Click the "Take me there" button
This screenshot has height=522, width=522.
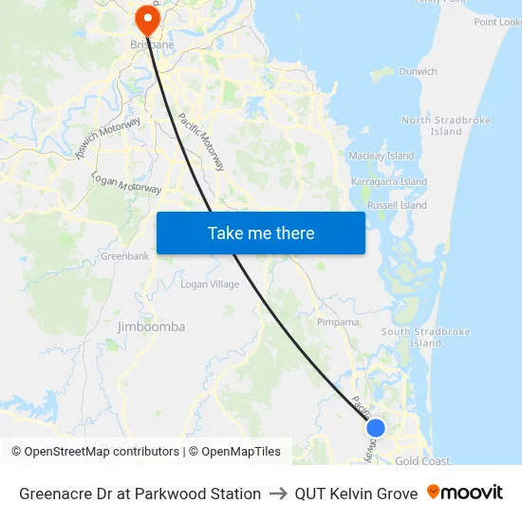261,233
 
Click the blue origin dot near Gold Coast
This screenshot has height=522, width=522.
376,428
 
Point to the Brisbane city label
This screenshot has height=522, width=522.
151,45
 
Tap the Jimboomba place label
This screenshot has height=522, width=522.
151,326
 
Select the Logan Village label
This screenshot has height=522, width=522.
210,284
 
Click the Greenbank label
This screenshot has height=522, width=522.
123,256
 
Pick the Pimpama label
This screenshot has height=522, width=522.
338,322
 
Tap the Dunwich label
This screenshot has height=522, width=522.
418,71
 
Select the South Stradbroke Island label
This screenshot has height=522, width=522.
425,337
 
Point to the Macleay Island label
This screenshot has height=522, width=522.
382,156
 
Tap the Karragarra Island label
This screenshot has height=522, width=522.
389,181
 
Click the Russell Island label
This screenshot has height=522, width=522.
397,205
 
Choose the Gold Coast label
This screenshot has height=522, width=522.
422,461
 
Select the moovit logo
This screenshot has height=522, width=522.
465,493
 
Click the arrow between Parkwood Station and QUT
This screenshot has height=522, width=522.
278,494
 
